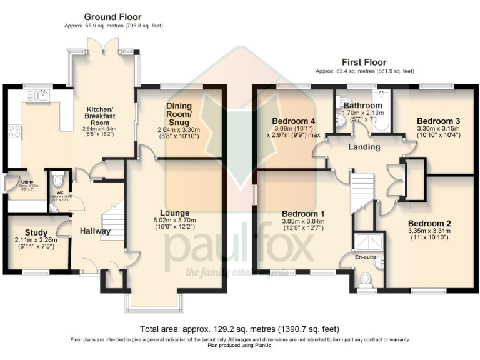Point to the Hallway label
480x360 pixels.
coord(95,231)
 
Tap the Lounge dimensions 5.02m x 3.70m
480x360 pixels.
coord(174,220)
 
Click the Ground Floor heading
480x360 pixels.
coord(112,17)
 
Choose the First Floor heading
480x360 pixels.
coord(364,62)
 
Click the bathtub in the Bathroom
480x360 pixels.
coord(381,112)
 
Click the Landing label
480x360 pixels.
coord(364,147)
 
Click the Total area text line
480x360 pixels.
coord(240,329)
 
